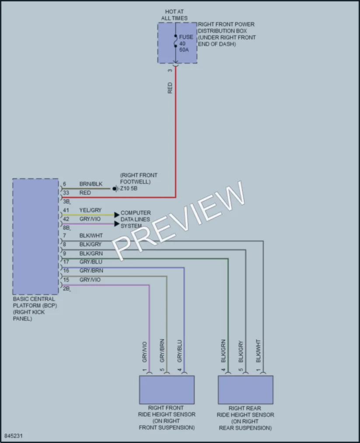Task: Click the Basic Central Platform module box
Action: pos(35,237)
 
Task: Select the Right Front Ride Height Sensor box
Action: pos(167,390)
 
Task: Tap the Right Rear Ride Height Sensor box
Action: pos(245,390)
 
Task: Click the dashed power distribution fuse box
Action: pos(177,43)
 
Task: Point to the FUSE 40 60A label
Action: pos(186,43)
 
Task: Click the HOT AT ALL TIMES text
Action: pos(175,15)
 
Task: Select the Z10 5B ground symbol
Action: pos(115,188)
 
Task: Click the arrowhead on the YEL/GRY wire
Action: pos(117,215)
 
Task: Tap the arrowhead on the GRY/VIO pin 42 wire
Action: pos(117,224)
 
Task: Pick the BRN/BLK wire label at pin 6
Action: pos(91,184)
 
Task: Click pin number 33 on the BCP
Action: pos(66,193)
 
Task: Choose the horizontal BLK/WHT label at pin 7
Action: pos(91,236)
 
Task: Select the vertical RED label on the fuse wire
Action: pos(170,88)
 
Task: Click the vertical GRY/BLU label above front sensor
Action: pos(179,351)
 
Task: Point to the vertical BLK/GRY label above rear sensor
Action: pos(241,352)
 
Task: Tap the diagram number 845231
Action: pos(13,436)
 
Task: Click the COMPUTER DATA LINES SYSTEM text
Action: pos(136,219)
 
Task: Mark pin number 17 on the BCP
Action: pos(66,262)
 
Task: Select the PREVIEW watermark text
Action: pos(178,221)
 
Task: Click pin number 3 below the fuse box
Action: pos(170,70)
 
